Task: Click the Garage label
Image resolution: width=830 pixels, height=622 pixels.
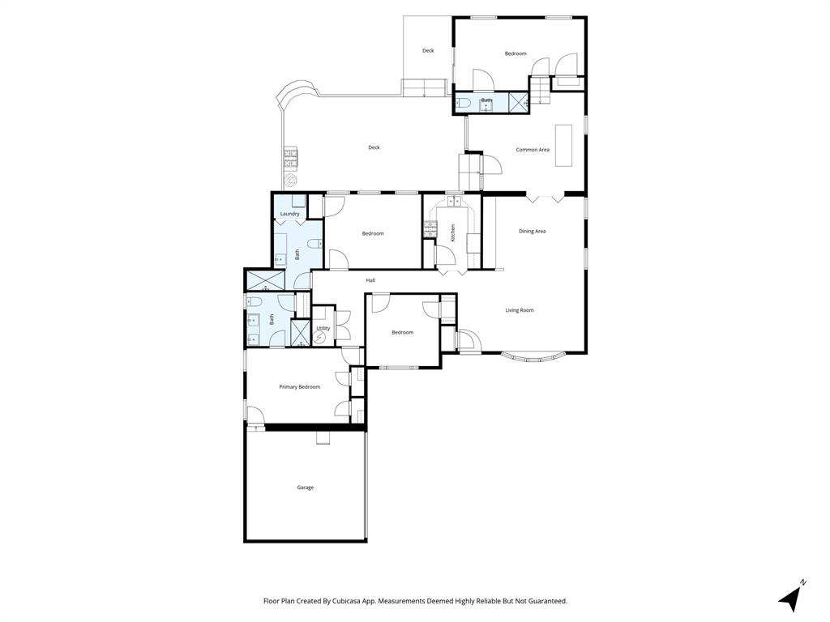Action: [305, 488]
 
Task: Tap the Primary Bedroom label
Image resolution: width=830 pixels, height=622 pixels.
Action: [299, 387]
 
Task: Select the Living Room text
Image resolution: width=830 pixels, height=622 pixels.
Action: [520, 310]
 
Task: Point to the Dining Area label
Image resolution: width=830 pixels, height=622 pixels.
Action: [533, 232]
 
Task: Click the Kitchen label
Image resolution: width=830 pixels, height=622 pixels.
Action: [453, 232]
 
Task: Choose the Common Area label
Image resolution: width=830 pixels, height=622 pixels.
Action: [533, 150]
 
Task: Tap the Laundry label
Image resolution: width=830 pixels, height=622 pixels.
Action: [290, 214]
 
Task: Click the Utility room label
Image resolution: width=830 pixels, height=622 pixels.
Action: [323, 329]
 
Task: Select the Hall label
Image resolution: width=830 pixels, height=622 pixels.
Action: [370, 280]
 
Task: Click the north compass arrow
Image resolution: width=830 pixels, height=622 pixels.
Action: [789, 597]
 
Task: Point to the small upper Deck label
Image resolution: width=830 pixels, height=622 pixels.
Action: [428, 51]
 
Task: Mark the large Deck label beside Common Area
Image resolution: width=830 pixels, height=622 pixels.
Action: [374, 147]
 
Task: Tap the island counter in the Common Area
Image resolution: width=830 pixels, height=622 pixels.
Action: [563, 146]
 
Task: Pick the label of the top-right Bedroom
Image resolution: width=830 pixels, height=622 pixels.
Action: [516, 54]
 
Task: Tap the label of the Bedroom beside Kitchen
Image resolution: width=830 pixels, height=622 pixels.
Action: [373, 234]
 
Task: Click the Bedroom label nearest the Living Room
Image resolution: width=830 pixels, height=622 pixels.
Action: [403, 333]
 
